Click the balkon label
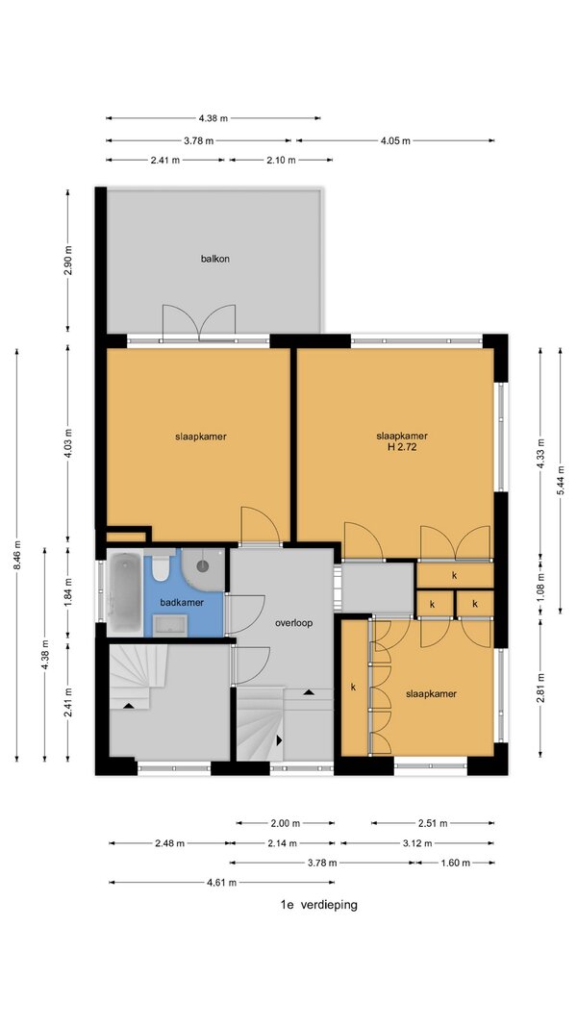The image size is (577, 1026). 214,259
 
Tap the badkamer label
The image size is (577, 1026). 182,603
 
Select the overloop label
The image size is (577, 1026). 293,623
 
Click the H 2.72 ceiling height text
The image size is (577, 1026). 402,448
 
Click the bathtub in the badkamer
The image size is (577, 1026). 124,594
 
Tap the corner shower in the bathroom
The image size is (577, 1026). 204,568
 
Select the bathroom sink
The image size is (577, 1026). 171,625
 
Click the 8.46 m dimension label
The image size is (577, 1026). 16,555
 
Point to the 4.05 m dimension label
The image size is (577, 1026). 395,140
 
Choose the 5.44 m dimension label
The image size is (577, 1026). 560,481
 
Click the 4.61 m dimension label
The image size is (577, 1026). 222,883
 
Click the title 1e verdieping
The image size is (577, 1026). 318,905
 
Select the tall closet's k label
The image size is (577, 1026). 353,688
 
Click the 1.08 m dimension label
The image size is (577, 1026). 540,586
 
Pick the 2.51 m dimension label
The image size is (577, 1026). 433,823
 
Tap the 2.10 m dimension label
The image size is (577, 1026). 281,161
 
